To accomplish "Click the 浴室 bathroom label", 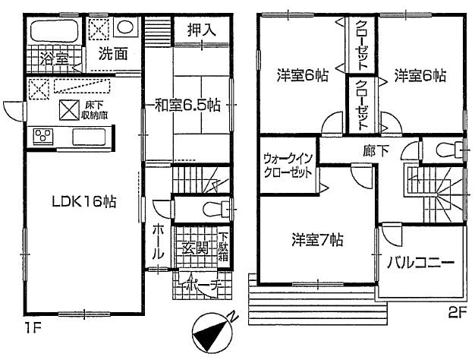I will point(43,57).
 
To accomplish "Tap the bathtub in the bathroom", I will point(54,33).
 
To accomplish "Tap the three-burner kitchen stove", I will point(42,137).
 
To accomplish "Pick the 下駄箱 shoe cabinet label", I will point(225,248).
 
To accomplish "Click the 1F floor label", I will point(29,327).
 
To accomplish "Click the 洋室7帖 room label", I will point(317,240).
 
